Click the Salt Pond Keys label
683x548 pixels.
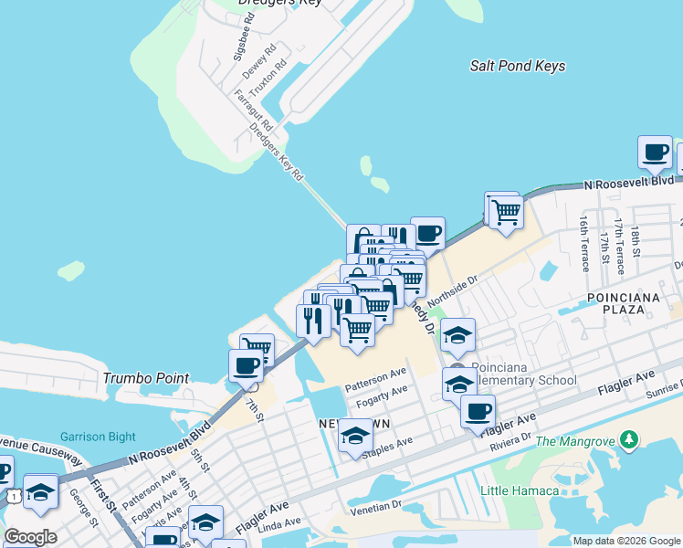[517, 66]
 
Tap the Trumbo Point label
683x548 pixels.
[145, 378]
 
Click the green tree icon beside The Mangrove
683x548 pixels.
[628, 441]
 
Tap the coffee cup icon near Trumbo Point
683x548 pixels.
[246, 366]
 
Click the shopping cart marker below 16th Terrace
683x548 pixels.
[504, 211]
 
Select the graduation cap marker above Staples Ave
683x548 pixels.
[355, 437]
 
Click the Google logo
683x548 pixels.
[30, 537]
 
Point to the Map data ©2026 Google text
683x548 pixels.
[626, 541]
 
